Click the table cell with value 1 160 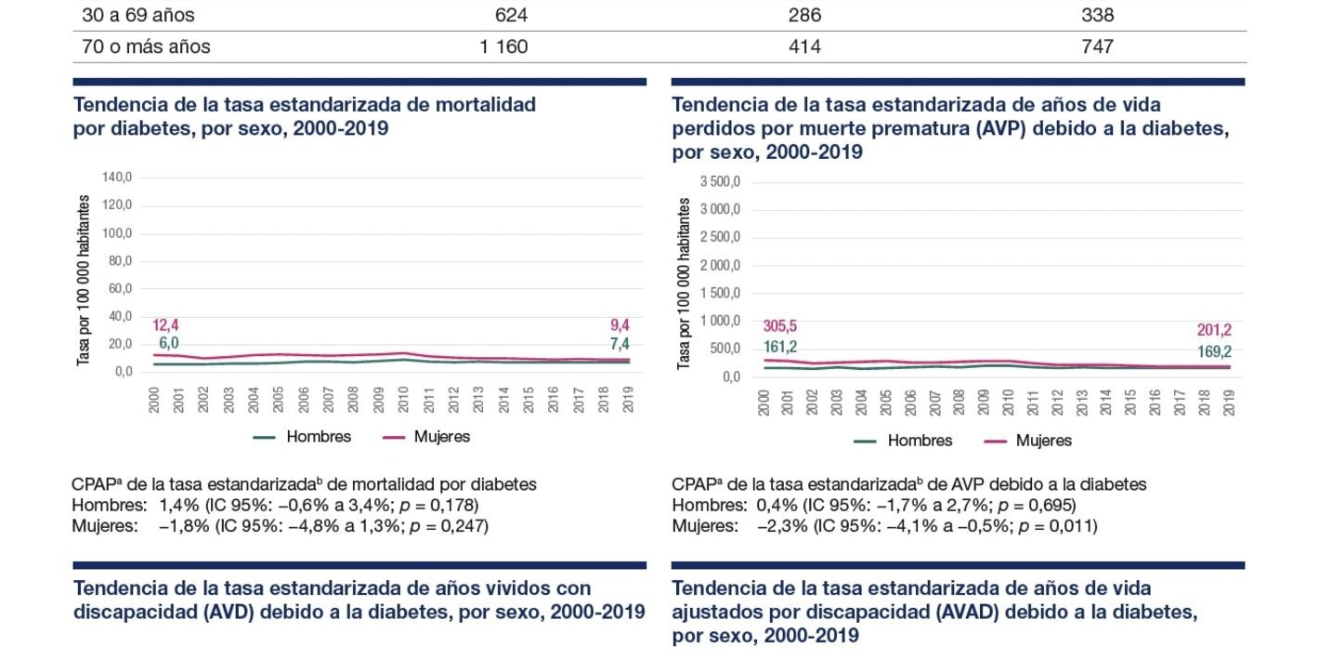pos(503,46)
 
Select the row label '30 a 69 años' pos(138,16)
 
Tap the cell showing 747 pos(1097,46)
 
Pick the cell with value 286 pos(803,16)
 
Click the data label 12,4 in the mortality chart pos(166,325)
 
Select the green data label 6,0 pos(167,343)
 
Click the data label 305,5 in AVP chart pos(780,326)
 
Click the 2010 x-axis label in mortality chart pos(404,399)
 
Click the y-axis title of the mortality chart pos(83,280)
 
